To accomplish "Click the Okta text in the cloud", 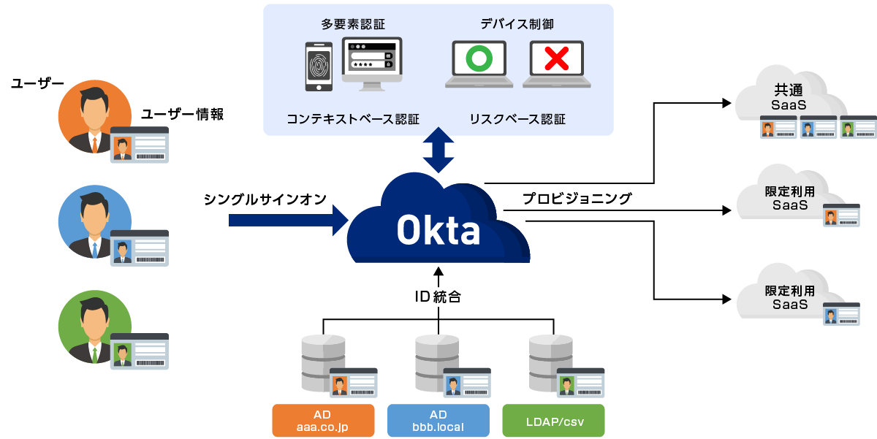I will click(438, 231).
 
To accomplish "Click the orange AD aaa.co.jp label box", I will click(323, 421).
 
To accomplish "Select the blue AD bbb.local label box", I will click(438, 421).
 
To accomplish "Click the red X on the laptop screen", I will click(557, 60).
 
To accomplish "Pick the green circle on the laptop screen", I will click(479, 60).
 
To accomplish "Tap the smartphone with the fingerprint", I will click(318, 66).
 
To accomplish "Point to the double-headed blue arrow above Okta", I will click(438, 150).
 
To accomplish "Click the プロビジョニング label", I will click(577, 198).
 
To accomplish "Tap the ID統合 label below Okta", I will click(438, 297).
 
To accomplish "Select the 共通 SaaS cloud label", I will click(788, 98).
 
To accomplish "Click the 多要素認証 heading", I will click(353, 24).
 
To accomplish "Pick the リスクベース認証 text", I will click(517, 118).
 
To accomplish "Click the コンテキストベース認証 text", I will click(353, 118).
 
